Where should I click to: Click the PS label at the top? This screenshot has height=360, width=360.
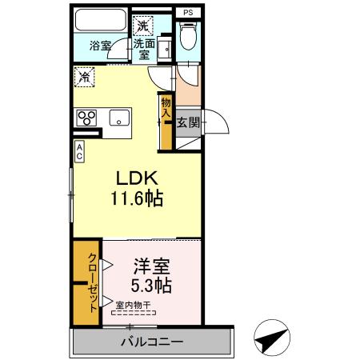[x=187, y=13]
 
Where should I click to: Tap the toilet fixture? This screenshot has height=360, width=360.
[x=188, y=37]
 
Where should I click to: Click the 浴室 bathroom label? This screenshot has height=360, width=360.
[x=100, y=46]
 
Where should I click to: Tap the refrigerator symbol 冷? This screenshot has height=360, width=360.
[x=85, y=78]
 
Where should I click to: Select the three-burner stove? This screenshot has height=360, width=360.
[x=86, y=118]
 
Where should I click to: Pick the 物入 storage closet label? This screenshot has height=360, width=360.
[x=166, y=108]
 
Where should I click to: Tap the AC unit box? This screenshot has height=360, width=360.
[x=80, y=150]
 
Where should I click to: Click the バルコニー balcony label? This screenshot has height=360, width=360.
[x=152, y=342]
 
